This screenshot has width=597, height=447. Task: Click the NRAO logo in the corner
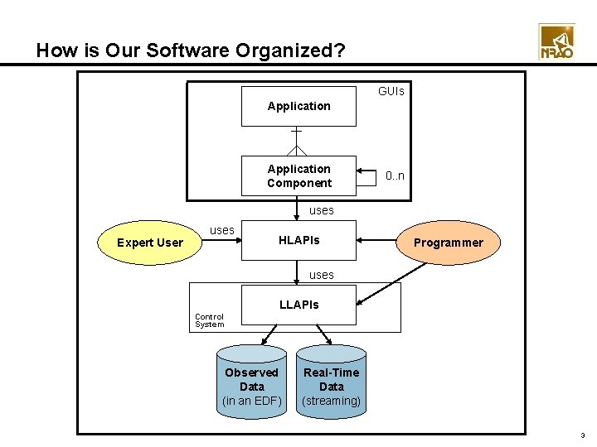point(556,41)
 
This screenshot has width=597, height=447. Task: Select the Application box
point(298,107)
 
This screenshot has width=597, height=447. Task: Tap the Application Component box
point(298,175)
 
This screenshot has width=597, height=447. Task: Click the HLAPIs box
point(298,240)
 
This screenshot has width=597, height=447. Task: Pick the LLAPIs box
point(298,305)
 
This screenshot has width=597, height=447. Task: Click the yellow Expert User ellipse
point(150,243)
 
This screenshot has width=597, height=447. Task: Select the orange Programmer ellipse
point(448,243)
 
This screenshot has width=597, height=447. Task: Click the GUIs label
point(391,91)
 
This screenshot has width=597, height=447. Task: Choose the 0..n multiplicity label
point(395,175)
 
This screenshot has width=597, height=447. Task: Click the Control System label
point(209,320)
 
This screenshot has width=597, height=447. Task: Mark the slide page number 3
point(583,435)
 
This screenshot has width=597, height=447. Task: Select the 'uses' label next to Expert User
point(221,229)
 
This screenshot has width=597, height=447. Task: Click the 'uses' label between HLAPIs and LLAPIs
point(321,274)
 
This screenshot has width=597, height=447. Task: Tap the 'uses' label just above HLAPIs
point(321,210)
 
